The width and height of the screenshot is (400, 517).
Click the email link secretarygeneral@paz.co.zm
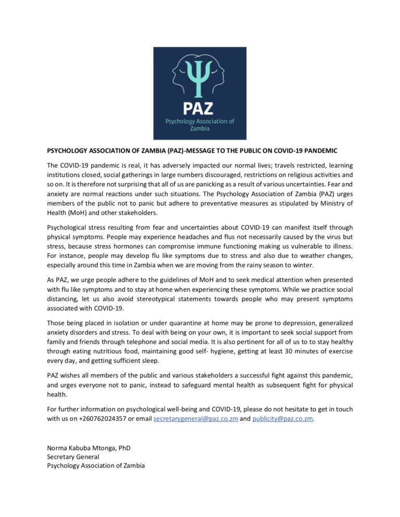pyautogui.click(x=195, y=419)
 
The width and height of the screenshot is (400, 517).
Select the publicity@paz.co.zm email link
pyautogui.click(x=283, y=419)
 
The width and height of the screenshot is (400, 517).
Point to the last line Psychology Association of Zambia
pyautogui.click(x=96, y=466)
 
